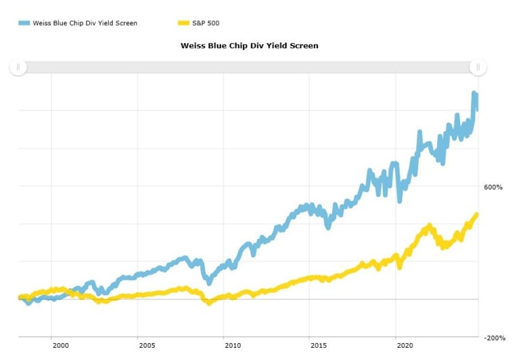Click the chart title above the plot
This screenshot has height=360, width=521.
(249, 45)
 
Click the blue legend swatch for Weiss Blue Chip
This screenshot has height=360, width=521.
(24, 23)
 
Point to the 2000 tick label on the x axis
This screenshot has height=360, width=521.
(60, 345)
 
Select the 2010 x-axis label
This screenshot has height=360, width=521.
(232, 345)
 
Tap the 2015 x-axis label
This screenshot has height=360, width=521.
(317, 345)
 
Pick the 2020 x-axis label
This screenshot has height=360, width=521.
(403, 345)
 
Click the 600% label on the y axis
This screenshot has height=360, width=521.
(492, 187)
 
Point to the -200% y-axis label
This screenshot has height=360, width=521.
(495, 338)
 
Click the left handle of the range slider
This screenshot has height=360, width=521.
(18, 66)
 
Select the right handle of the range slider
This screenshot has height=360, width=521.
(478, 66)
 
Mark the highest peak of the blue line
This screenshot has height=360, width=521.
(474, 93)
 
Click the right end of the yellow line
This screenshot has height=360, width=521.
(476, 215)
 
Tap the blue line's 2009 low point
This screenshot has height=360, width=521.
(208, 282)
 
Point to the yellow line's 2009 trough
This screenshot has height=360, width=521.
(209, 302)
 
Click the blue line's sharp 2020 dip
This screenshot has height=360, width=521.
(400, 200)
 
